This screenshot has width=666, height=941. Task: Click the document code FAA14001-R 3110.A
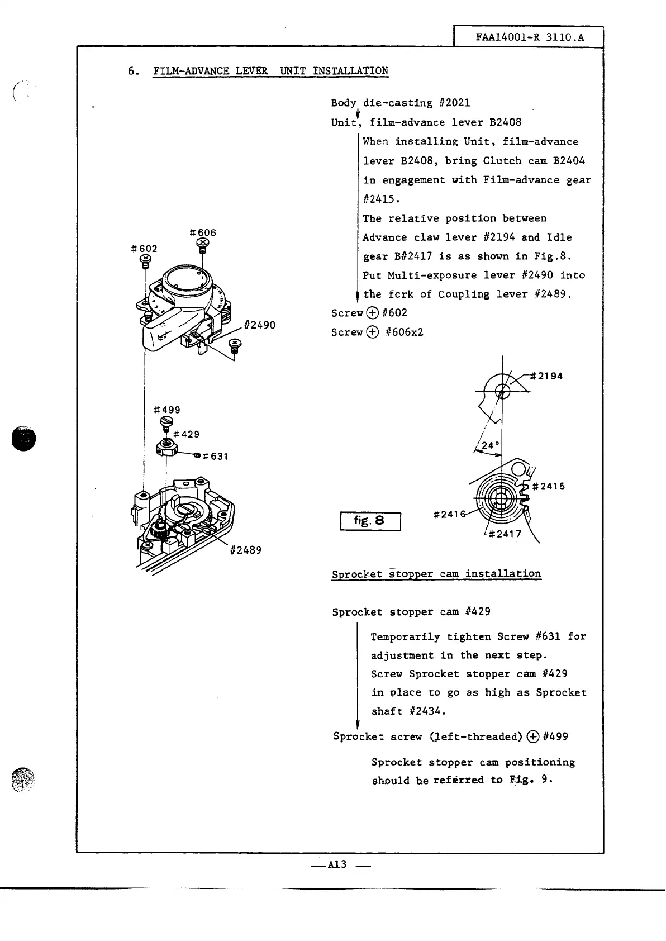[x=529, y=37]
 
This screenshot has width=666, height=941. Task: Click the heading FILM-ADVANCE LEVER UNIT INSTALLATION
[x=270, y=71]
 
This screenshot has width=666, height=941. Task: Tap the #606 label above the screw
[x=203, y=232]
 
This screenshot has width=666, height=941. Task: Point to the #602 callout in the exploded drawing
[x=144, y=248]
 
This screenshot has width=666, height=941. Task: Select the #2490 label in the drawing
[x=260, y=325]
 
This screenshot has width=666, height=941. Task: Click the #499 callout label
[x=167, y=410]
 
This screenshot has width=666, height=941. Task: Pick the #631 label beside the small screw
[x=216, y=457]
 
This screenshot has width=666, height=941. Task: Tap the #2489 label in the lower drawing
[x=245, y=550]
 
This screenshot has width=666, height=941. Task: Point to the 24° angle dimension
[x=489, y=445]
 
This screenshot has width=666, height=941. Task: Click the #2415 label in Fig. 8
[x=549, y=486]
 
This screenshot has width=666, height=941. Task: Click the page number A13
[x=337, y=864]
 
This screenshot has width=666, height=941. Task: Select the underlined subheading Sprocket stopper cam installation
[x=436, y=574]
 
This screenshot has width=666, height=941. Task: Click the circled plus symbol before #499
[x=532, y=736]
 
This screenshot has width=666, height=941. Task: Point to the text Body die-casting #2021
[x=401, y=103]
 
